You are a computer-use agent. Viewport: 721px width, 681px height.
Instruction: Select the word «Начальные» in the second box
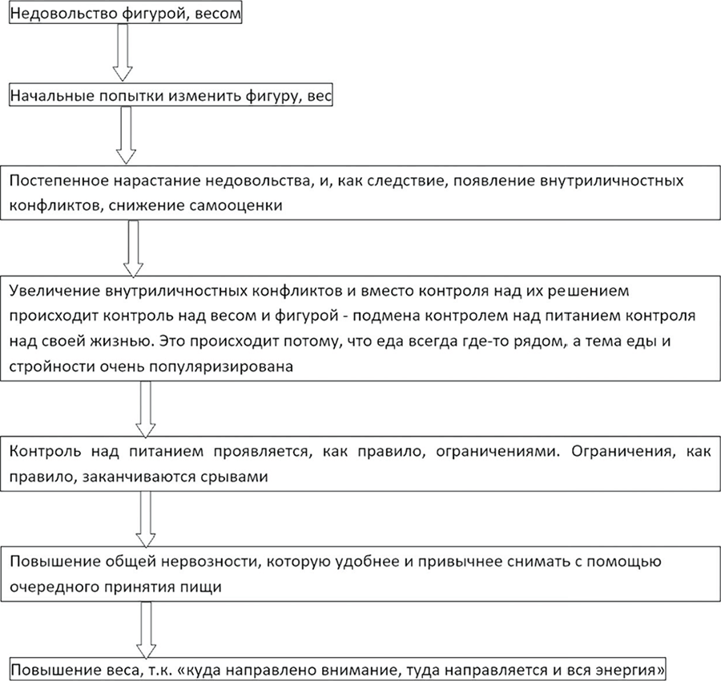pyautogui.click(x=46, y=96)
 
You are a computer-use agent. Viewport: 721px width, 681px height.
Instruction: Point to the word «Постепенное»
pyautogui.click(x=54, y=181)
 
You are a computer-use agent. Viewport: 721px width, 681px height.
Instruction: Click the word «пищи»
pyautogui.click(x=228, y=585)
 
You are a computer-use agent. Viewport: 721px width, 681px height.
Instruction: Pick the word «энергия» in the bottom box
pyautogui.click(x=627, y=668)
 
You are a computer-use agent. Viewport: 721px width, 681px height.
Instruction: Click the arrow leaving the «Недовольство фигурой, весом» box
pyautogui.click(x=122, y=52)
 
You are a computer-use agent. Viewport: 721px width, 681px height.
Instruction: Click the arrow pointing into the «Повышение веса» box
pyautogui.click(x=146, y=628)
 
